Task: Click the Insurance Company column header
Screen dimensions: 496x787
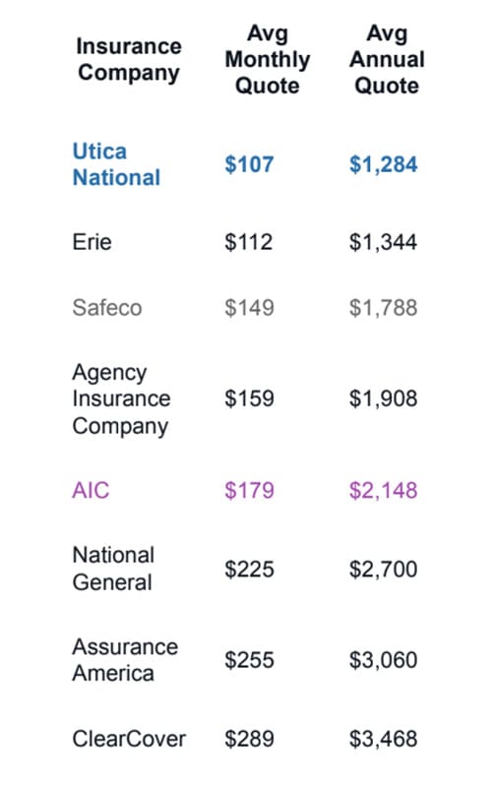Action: (129, 60)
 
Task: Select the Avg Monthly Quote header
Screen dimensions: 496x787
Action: (267, 60)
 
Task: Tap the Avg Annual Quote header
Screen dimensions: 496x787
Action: (387, 60)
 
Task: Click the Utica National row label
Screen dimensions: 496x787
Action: (116, 164)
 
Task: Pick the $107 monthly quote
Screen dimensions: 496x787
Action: (249, 164)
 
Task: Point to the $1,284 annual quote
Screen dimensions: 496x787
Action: (383, 164)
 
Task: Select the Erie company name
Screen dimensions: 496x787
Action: (92, 242)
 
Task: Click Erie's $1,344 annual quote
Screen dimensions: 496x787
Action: (383, 242)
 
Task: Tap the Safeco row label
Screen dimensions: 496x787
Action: (107, 308)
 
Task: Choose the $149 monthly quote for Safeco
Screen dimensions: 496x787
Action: (249, 308)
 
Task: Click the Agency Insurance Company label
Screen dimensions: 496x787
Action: (121, 399)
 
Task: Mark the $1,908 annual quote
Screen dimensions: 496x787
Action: (383, 399)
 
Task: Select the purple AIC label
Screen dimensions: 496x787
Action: (91, 490)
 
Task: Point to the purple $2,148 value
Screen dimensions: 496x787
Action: (383, 491)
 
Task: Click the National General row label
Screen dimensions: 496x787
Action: (113, 569)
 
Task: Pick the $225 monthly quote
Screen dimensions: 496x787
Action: (249, 570)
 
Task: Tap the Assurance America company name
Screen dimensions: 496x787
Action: (125, 660)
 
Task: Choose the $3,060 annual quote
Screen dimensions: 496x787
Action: (383, 660)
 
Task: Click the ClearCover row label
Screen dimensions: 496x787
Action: (129, 739)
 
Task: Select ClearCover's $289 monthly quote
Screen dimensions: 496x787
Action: (249, 740)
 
